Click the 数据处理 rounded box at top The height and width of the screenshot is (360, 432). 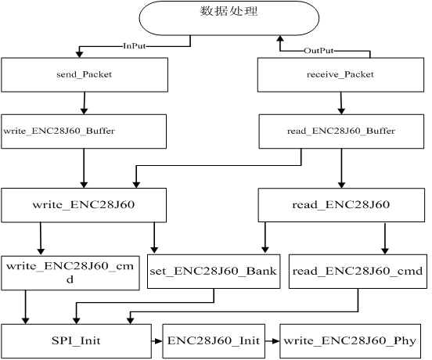pyautogui.click(x=229, y=18)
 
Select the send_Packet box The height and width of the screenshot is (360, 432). pyautogui.click(x=85, y=74)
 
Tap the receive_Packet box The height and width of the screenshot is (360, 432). pyautogui.click(x=340, y=74)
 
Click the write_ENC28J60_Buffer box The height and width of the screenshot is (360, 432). pyautogui.click(x=84, y=131)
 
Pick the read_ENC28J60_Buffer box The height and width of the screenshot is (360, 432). pyautogui.click(x=341, y=131)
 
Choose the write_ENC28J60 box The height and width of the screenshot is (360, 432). pyautogui.click(x=84, y=205)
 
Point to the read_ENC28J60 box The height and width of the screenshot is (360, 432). pyautogui.click(x=341, y=205)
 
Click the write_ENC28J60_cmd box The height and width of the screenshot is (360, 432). pyautogui.click(x=70, y=273)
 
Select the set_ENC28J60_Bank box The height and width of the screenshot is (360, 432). pyautogui.click(x=214, y=272)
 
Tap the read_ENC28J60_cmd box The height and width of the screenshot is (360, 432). pyautogui.click(x=358, y=272)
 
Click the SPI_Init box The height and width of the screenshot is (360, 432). pyautogui.click(x=77, y=341)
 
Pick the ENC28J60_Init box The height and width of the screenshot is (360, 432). pyautogui.click(x=214, y=341)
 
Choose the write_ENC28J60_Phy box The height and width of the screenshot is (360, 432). pyautogui.click(x=350, y=341)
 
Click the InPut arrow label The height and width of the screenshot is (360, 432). pyautogui.click(x=134, y=45)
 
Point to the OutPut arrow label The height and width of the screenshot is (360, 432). pyautogui.click(x=319, y=51)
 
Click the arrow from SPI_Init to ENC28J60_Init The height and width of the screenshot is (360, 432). pyautogui.click(x=157, y=341)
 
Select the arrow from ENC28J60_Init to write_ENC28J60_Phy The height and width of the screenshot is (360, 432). pyautogui.click(x=272, y=341)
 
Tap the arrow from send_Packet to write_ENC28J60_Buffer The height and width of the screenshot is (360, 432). pyautogui.click(x=85, y=103)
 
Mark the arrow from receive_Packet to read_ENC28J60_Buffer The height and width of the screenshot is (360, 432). pyautogui.click(x=341, y=103)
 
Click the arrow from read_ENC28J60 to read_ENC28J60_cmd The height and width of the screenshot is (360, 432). pyautogui.click(x=385, y=238)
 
